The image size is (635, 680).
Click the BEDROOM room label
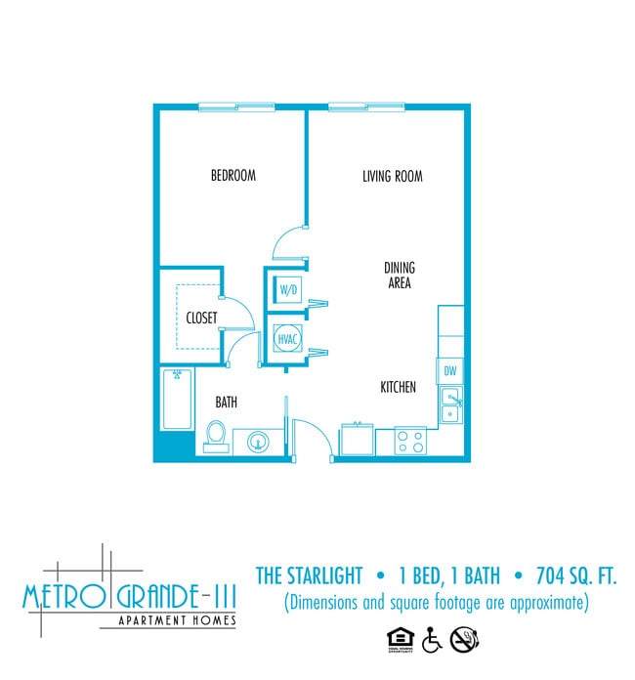pos(233,176)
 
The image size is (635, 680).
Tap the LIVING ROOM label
pos(392,177)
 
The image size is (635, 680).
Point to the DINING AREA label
pos(399,276)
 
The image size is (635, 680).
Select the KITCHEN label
pos(399,388)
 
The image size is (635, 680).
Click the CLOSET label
pos(201,318)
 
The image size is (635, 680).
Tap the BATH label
pos(226,402)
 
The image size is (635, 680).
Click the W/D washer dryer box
pos(288,290)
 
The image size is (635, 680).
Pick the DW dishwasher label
pos(450,371)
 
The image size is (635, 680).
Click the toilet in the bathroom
pos(216,436)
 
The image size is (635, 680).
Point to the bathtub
pos(177,399)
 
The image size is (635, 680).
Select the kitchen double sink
pos(450,405)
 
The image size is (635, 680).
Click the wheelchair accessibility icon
pos(432,640)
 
